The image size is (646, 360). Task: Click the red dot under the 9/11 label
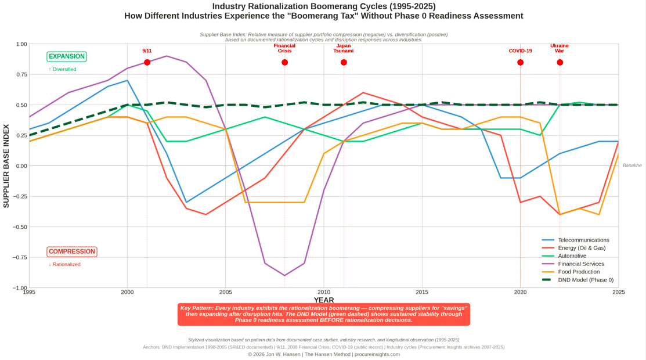pos(147,62)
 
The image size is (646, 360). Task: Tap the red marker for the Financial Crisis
pos(284,62)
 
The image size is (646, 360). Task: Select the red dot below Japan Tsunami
pos(344,62)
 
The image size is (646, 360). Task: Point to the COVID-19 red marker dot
pos(520,62)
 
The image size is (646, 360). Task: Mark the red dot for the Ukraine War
pos(560,62)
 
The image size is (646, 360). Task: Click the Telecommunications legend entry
pos(583,240)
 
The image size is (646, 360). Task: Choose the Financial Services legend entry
pos(580,264)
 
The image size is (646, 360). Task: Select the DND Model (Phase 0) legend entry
pos(585,280)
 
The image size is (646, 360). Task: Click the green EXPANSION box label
pos(67,56)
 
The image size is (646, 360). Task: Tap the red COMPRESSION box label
pos(72,251)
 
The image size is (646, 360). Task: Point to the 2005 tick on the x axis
pos(226,292)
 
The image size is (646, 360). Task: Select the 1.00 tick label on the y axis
pos(21,44)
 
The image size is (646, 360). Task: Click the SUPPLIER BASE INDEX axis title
pos(6,166)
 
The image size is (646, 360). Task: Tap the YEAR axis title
pos(324,300)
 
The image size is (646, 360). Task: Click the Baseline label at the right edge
pos(632,165)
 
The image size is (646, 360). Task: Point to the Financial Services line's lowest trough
pos(284,275)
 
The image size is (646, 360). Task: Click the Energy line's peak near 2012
pos(363,92)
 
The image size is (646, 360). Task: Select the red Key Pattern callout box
pos(324,314)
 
